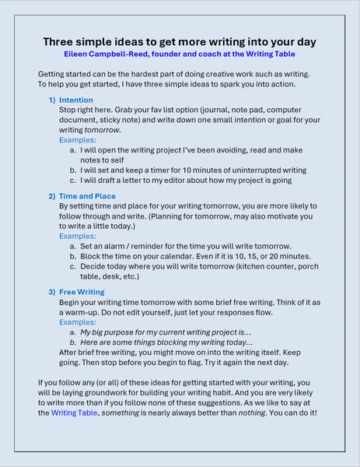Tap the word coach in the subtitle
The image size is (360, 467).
(x=219, y=54)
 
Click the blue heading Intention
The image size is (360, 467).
(x=75, y=100)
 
